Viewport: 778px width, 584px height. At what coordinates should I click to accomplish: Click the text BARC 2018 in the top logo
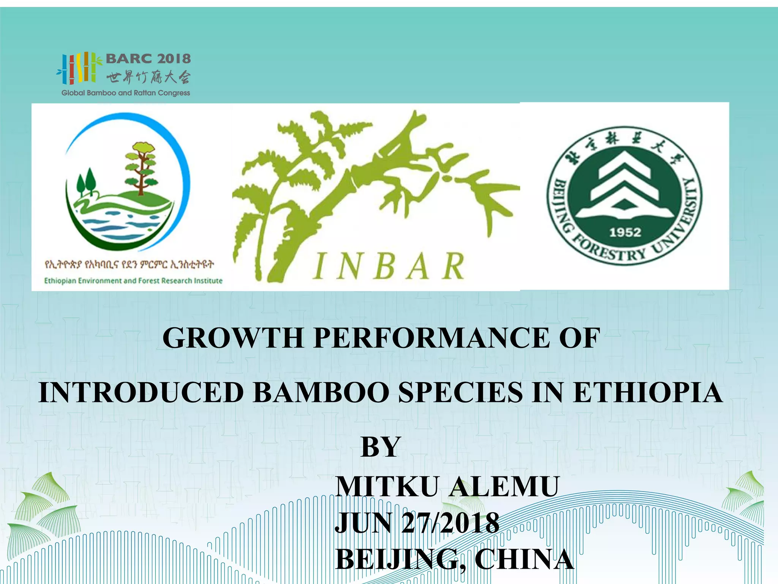coord(148,59)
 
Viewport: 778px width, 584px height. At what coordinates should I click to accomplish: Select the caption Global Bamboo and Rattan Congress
coord(126,93)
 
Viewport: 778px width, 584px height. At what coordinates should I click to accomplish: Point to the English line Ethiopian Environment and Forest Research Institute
coord(133,281)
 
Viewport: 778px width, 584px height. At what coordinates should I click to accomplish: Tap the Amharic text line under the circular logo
coord(129,264)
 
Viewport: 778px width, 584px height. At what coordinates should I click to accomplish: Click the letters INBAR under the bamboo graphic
coord(389,266)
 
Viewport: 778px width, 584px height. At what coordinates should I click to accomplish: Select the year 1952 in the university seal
coord(625,232)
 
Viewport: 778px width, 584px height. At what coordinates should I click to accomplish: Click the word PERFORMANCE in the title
coord(431,338)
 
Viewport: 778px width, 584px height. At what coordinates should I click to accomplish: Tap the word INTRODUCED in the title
coord(141,392)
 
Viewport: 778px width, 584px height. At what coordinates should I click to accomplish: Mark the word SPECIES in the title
coord(460,392)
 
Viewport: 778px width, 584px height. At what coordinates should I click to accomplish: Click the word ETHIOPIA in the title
coord(647,392)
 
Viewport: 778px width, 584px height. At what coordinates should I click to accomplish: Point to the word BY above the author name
coord(381,447)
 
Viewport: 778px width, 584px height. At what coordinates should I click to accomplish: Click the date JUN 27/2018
coord(417,523)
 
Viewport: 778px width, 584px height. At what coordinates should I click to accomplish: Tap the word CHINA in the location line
coord(524,559)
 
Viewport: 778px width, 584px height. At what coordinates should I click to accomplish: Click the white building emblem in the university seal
coord(625,182)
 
